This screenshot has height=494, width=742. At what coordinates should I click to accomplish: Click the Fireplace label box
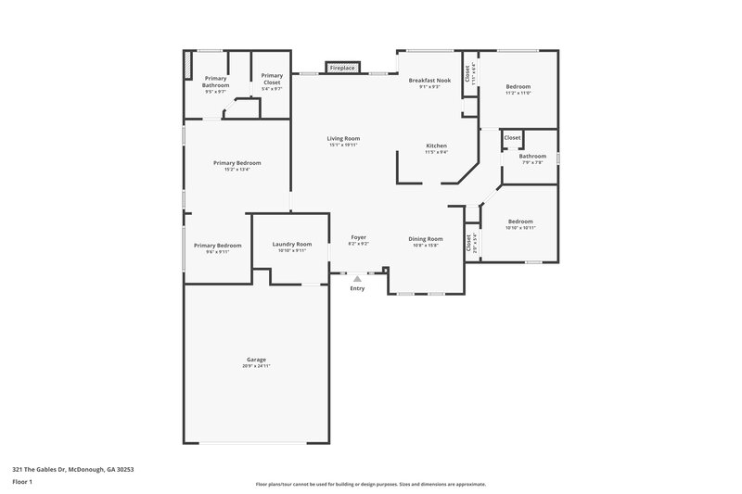coord(342,68)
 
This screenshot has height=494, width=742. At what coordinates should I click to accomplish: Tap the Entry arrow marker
coord(357,277)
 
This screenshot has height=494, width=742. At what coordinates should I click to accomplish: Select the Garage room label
coord(257,359)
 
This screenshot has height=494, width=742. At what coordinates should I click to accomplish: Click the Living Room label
coord(343,138)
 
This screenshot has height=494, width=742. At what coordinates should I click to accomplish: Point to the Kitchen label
coord(437,146)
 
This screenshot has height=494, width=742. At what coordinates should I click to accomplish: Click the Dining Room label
coord(427,238)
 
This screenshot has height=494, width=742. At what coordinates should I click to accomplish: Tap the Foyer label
coord(358,236)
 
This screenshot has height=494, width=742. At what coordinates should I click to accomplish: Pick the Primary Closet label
coord(272,79)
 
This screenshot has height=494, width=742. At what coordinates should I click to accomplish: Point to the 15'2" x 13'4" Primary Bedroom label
coord(237,163)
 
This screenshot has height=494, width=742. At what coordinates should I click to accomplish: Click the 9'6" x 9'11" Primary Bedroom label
coord(217,246)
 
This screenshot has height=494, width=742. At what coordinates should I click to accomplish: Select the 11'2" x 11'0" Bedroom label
coord(518,86)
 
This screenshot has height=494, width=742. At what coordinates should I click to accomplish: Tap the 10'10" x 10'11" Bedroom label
coord(520,222)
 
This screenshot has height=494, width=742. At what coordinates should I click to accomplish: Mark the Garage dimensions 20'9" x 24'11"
coord(257,366)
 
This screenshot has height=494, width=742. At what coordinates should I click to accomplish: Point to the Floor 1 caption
coord(23,482)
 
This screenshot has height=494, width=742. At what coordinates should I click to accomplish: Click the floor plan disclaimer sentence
coord(371,484)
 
